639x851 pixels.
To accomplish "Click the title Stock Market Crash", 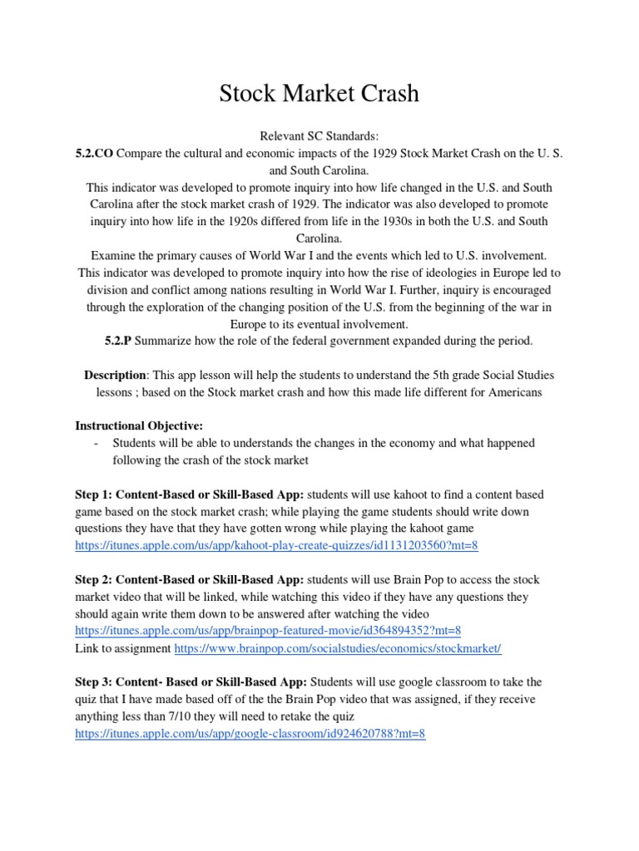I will click(x=319, y=94).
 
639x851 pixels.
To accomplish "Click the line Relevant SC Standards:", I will click(x=319, y=135).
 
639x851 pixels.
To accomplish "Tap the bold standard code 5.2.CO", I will click(x=94, y=153).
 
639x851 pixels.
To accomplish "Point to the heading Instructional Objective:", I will click(x=139, y=425).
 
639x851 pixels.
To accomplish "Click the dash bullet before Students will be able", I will click(x=98, y=443).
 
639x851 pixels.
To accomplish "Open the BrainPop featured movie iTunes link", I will click(x=268, y=630).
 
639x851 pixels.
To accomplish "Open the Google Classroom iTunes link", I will click(x=250, y=734).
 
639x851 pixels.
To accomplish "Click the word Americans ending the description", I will click(x=510, y=391).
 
